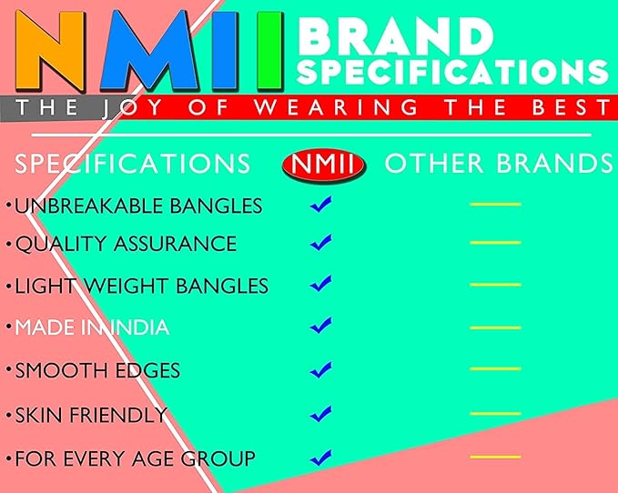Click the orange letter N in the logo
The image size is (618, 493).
click(x=50, y=50)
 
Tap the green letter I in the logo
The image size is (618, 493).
click(x=270, y=50)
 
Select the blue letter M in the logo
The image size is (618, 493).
click(x=149, y=50)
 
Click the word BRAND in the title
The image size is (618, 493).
click(x=396, y=37)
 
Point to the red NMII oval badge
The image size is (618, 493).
click(x=324, y=165)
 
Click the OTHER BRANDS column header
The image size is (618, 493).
click(x=499, y=163)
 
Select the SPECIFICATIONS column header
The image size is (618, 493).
click(x=133, y=163)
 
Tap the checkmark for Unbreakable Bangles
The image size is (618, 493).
click(x=320, y=205)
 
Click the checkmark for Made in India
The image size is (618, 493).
click(x=320, y=326)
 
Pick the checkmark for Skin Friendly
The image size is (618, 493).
click(x=320, y=414)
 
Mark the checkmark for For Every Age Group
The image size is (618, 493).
click(x=320, y=458)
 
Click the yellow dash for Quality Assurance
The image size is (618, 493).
click(x=495, y=243)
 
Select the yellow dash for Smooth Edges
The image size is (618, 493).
click(x=495, y=369)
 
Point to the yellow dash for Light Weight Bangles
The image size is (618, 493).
click(x=495, y=285)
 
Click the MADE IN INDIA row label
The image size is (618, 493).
click(x=92, y=327)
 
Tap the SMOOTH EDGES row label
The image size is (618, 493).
click(x=97, y=370)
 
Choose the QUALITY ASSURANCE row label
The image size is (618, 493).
click(x=126, y=244)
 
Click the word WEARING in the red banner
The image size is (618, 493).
click(x=336, y=107)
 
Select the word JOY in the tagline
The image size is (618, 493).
click(x=132, y=108)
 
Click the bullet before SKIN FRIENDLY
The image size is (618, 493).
click(x=9, y=415)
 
